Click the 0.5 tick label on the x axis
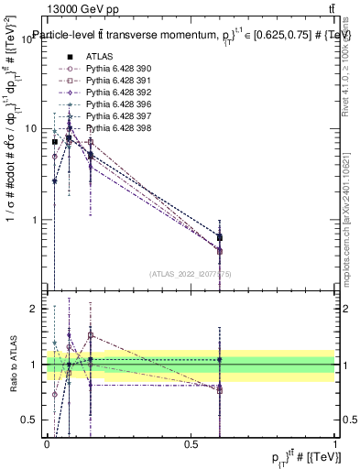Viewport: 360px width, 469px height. [x=191, y=442]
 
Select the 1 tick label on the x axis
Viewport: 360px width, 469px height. [x=334, y=442]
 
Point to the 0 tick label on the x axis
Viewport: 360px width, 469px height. [x=47, y=442]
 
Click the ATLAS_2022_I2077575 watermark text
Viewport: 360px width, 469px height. [x=190, y=273]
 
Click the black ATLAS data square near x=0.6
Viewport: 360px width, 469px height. [x=220, y=237]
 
